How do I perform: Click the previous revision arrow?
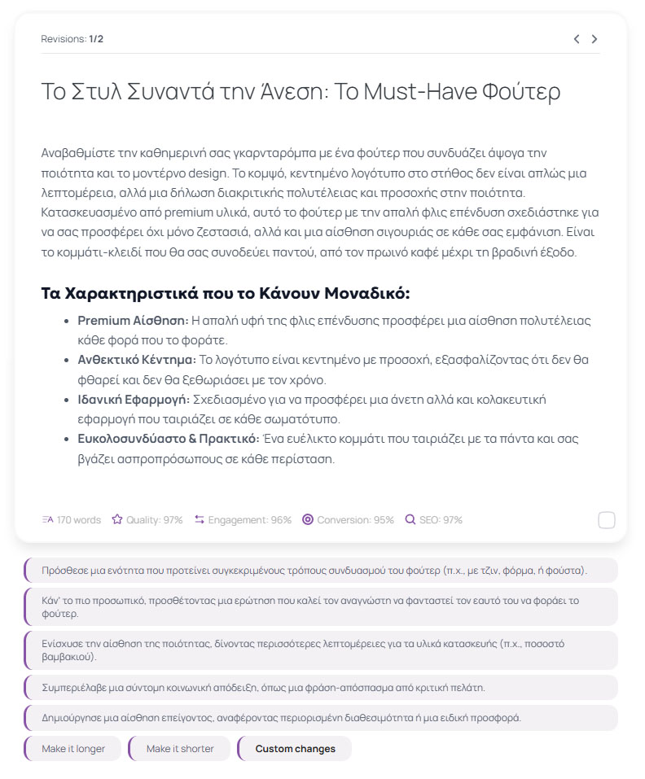click(577, 39)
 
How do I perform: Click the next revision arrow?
click(595, 39)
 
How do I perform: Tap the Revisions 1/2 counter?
click(72, 39)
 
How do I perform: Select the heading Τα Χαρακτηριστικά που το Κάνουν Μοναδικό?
click(226, 293)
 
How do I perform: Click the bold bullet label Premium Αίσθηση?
click(133, 321)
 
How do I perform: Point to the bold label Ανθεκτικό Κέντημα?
click(137, 360)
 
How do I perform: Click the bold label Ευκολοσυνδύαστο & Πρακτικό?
click(169, 439)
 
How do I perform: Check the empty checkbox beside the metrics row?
click(606, 520)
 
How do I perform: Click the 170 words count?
click(72, 520)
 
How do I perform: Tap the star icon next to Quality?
click(117, 520)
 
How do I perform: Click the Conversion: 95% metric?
click(348, 520)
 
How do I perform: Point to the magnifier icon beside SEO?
click(410, 520)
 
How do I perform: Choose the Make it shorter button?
click(180, 749)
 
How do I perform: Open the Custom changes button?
click(295, 749)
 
